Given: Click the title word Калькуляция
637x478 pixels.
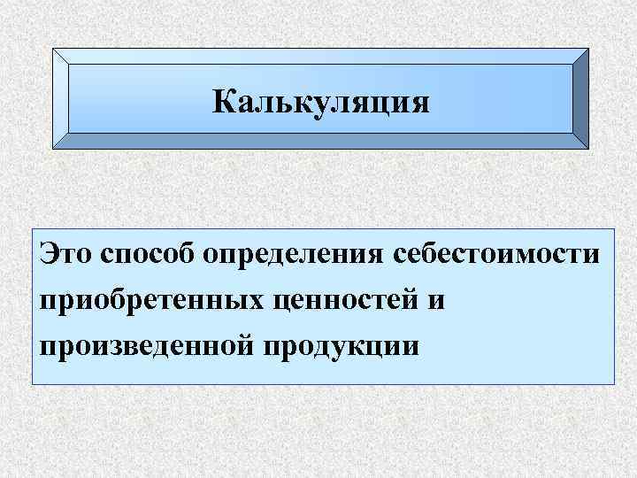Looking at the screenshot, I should point(321,102).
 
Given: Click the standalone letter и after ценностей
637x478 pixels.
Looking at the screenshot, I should point(437,300).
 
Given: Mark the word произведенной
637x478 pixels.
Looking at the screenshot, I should point(145,343).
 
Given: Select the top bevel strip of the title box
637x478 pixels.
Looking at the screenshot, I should point(320,55).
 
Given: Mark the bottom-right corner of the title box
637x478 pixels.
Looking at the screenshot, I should point(587,147).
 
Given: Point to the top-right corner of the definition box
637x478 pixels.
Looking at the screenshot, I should point(612,211).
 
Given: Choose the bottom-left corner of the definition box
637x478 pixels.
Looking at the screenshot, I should point(33,383).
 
